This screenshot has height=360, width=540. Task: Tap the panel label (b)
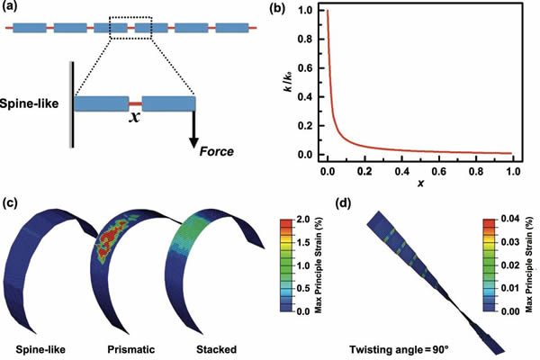click(276, 8)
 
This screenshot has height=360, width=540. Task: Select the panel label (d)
click(344, 204)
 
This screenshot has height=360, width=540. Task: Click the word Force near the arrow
click(217, 151)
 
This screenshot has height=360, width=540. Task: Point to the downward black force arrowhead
click(193, 142)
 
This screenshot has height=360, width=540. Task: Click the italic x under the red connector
click(135, 118)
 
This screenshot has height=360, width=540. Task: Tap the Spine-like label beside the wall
click(30, 103)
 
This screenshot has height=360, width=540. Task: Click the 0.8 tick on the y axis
click(307, 40)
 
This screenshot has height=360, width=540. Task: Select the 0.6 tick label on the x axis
click(439, 171)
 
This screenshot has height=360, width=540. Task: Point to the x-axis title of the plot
click(420, 184)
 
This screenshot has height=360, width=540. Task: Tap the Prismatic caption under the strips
click(131, 350)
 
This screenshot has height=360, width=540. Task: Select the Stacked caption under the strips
click(216, 350)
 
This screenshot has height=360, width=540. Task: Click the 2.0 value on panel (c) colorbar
click(302, 219)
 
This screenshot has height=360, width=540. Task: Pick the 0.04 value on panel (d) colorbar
click(509, 219)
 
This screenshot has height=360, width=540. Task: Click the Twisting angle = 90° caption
click(399, 350)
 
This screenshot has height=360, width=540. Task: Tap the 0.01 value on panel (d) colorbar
click(509, 288)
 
